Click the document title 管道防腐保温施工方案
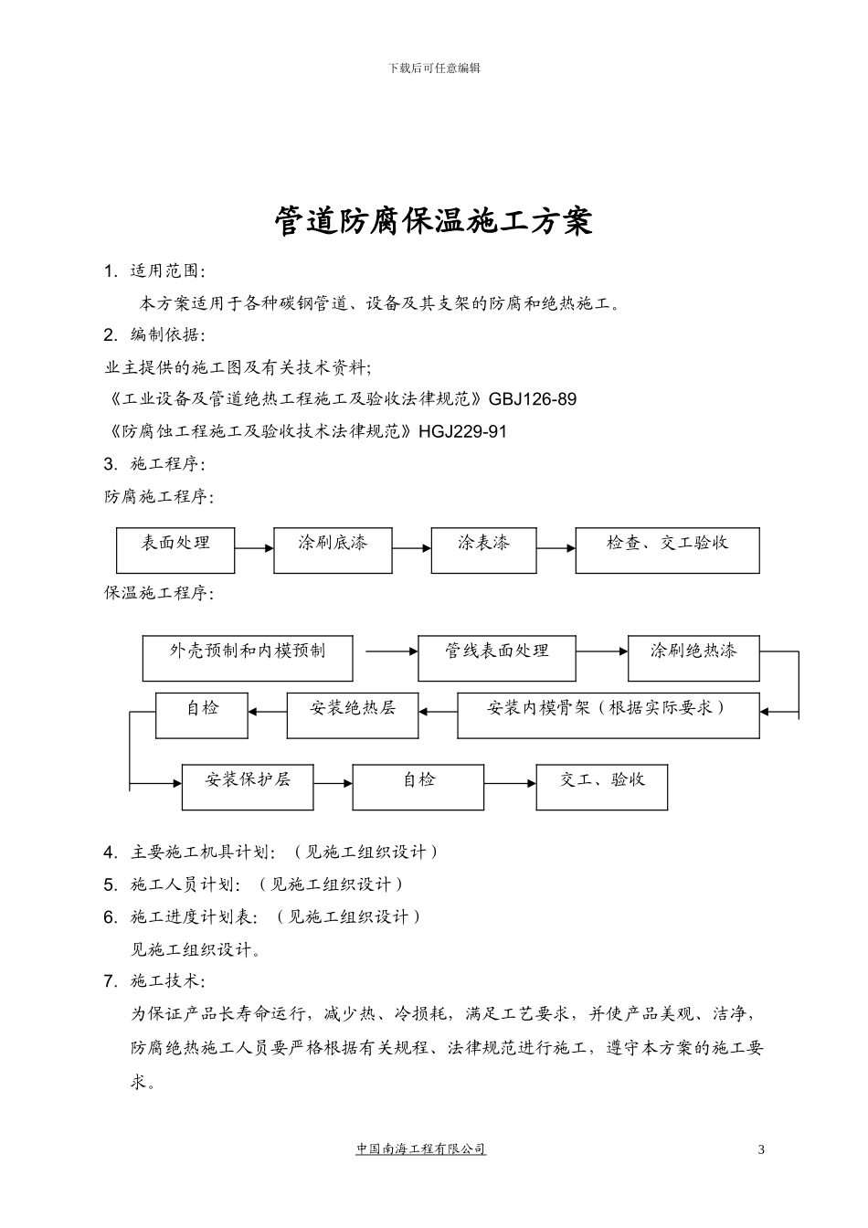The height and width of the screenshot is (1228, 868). (x=434, y=221)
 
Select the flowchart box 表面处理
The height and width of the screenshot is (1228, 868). (x=175, y=550)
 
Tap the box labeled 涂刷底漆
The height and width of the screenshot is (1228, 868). (x=333, y=550)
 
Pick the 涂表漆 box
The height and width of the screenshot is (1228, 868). (x=483, y=550)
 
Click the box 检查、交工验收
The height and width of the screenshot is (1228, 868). (x=667, y=550)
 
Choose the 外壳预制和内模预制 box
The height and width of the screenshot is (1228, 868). (x=247, y=658)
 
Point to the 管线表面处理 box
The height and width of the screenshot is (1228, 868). (x=497, y=658)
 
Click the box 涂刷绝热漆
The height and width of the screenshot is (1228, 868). (x=693, y=658)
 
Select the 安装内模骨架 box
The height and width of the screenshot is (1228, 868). (x=608, y=715)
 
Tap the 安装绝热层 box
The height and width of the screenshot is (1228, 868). (x=353, y=715)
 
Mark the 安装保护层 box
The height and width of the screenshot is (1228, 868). (x=248, y=787)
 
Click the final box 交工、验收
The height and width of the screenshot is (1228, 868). (x=602, y=787)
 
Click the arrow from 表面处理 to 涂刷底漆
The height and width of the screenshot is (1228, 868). (x=254, y=548)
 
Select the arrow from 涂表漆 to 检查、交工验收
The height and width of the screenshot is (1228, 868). (x=556, y=548)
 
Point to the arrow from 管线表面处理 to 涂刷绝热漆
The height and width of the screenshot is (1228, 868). (x=601, y=651)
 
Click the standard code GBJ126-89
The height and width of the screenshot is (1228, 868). (x=533, y=399)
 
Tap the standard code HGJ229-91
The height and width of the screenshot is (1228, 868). (x=462, y=431)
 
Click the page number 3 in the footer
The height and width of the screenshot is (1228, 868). (x=761, y=1149)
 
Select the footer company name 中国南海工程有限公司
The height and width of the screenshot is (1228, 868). (x=421, y=1149)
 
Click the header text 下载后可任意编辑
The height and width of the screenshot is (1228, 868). (x=434, y=68)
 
